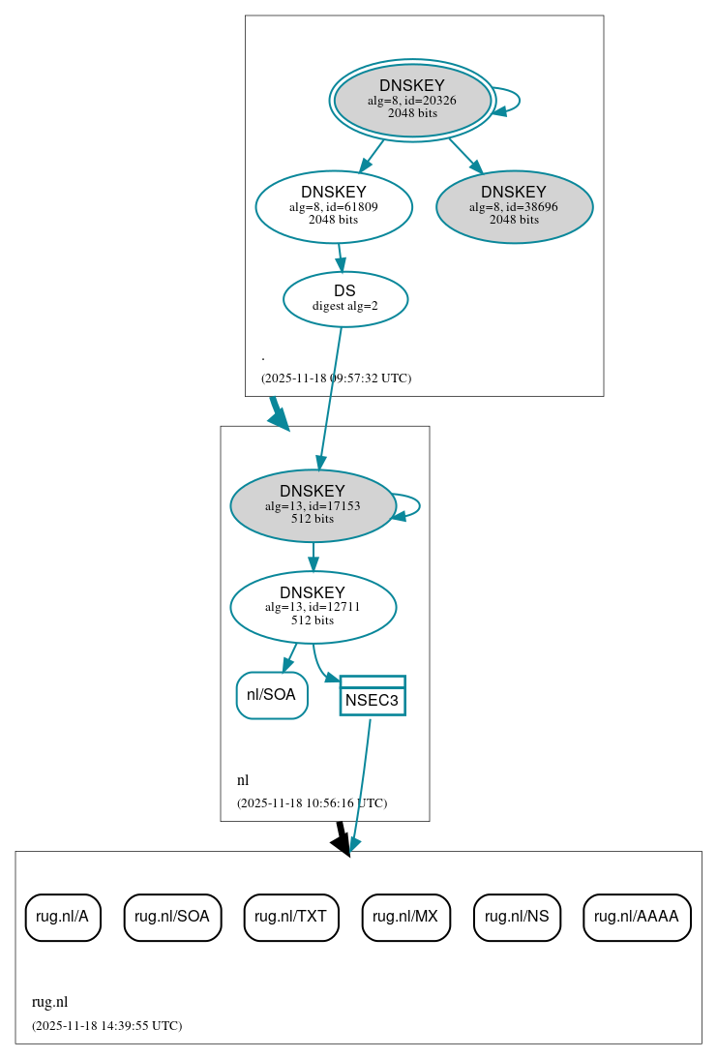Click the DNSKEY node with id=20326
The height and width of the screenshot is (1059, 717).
(x=412, y=100)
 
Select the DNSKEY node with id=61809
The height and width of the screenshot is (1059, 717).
(x=334, y=206)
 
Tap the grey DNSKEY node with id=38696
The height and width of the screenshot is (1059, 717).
(x=514, y=206)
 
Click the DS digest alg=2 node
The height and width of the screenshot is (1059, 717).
(x=344, y=298)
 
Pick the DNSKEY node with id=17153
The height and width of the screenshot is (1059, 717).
(x=313, y=505)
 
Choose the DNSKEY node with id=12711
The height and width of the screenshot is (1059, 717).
(x=313, y=607)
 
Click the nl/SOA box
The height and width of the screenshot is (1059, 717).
(x=272, y=695)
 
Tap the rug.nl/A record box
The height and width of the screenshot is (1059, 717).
(x=63, y=917)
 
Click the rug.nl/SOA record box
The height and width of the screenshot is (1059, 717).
(x=172, y=917)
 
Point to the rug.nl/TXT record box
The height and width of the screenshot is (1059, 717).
(x=291, y=917)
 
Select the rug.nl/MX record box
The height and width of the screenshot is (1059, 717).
(x=405, y=917)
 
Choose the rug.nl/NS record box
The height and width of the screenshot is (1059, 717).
(x=517, y=917)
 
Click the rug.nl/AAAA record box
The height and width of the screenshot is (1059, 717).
(x=637, y=917)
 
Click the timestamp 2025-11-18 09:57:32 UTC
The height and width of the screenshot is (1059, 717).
(x=336, y=378)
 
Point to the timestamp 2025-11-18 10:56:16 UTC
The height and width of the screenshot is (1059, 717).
(x=312, y=803)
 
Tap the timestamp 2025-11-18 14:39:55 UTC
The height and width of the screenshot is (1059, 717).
(x=106, y=1026)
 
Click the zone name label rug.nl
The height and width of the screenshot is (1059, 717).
(x=49, y=1003)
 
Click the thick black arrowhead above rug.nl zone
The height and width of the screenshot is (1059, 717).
(x=341, y=843)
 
